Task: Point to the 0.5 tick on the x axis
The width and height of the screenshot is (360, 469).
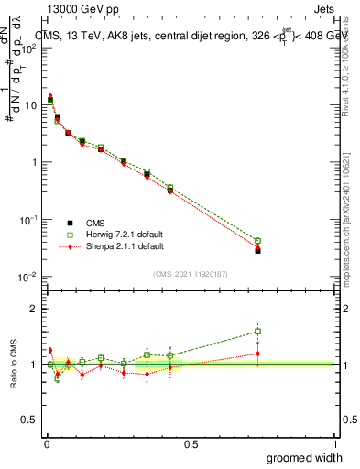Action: [x=190, y=442]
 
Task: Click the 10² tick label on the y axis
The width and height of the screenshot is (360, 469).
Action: [x=27, y=48]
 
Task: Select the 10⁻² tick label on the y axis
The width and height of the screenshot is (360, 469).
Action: [x=27, y=277]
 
